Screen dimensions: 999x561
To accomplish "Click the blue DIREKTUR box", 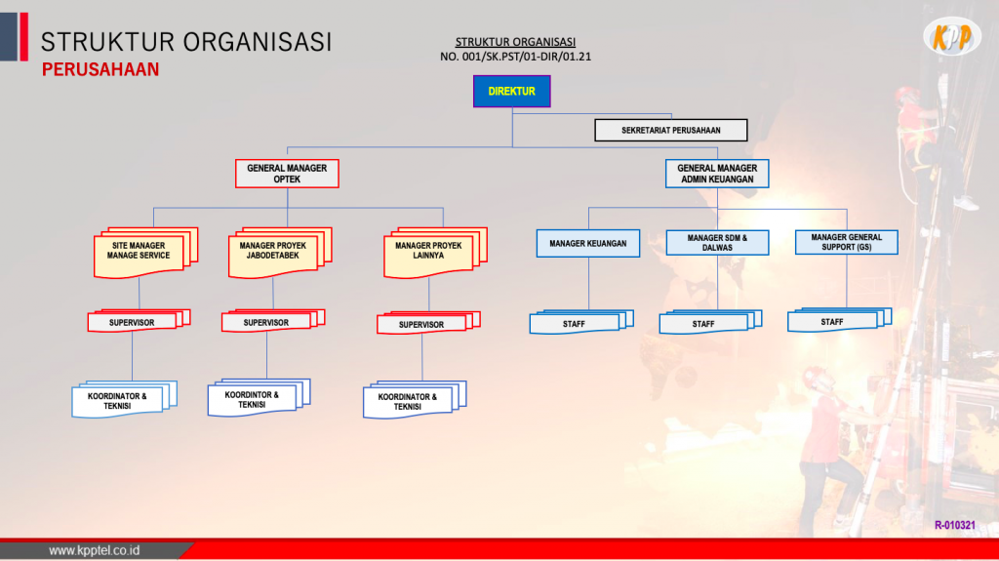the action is (511, 91).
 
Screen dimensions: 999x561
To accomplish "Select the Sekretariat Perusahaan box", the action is (671, 130).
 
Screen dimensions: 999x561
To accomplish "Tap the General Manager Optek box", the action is (287, 174).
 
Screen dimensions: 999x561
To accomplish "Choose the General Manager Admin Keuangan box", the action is (717, 174).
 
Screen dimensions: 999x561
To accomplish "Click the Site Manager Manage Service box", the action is (145, 253).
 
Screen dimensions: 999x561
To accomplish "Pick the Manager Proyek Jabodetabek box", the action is (280, 253).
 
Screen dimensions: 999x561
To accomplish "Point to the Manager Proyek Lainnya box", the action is (435, 253).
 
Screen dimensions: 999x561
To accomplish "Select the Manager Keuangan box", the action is (588, 244).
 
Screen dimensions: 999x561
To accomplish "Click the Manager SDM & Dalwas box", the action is (717, 243).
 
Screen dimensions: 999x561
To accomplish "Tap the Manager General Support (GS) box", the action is (847, 242).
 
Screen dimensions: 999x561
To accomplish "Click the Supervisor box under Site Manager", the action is (139, 321).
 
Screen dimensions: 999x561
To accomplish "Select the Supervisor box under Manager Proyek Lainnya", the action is (428, 323).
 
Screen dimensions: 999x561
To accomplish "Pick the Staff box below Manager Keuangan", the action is (581, 322).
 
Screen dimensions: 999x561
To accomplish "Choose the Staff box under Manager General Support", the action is (840, 320).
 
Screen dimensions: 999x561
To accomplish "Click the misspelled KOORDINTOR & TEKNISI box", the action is (260, 398).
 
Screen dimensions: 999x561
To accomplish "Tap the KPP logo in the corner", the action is (953, 37).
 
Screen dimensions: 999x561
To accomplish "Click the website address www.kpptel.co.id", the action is (95, 550).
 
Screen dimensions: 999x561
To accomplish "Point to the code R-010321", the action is (955, 525).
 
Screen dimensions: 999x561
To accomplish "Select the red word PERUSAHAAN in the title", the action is (100, 69).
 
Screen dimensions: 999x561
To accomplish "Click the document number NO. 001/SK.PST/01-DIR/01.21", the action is (515, 57).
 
